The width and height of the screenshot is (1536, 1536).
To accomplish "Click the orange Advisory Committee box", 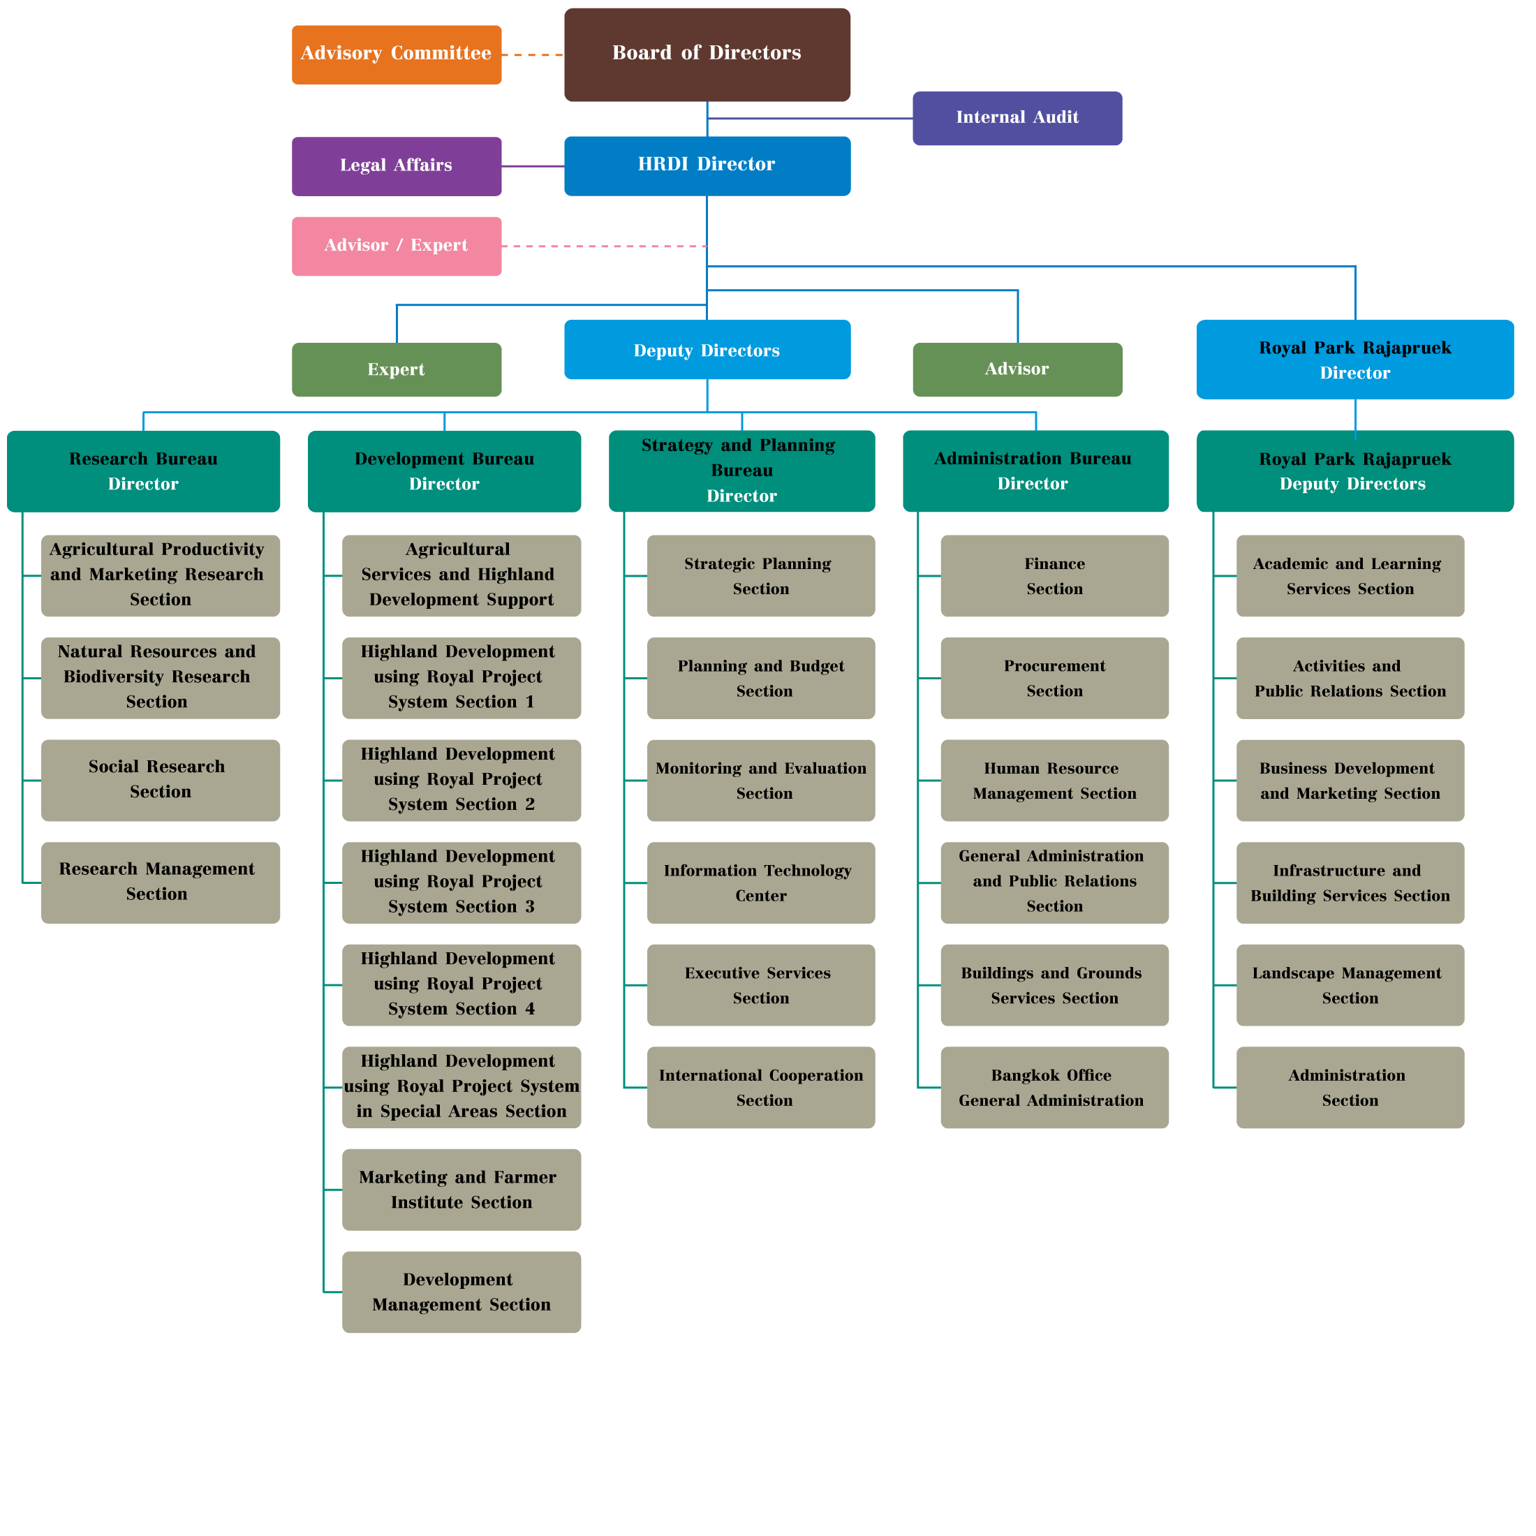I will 396,69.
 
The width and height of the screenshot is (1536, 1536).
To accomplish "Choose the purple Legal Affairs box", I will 396,165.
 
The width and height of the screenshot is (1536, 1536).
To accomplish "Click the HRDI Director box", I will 707,165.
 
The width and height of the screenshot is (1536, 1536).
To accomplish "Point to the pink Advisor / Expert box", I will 396,259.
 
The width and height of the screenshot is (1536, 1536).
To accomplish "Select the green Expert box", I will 396,370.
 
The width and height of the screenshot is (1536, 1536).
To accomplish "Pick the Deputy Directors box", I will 707,350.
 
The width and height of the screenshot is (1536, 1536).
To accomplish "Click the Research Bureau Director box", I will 143,471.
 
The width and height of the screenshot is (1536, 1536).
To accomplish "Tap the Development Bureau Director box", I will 443,471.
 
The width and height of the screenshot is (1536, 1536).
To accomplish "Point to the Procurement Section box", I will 1054,678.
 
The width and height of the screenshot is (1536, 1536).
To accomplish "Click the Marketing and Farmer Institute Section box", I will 461,1190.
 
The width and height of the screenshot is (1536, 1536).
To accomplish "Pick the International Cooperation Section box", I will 761,1087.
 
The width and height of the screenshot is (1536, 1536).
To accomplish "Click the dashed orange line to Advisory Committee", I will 533,55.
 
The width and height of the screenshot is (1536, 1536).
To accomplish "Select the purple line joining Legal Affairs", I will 533,166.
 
